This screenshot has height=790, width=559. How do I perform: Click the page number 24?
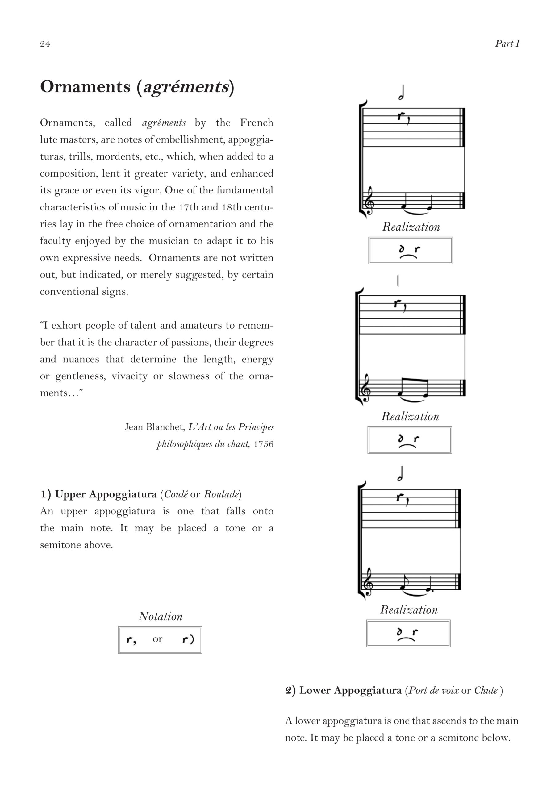tap(45, 44)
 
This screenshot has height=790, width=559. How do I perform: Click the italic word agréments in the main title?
tap(186, 87)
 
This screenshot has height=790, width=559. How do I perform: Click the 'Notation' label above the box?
tap(161, 616)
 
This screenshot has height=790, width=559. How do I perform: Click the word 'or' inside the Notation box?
tap(158, 639)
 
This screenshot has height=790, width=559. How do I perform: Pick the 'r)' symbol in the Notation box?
tap(188, 640)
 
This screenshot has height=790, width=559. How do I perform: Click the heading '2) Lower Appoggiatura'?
tap(343, 691)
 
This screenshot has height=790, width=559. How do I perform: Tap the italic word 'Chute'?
tap(486, 691)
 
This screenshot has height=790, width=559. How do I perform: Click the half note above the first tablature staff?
tap(401, 93)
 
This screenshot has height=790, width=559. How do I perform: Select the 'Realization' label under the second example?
tap(410, 417)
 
